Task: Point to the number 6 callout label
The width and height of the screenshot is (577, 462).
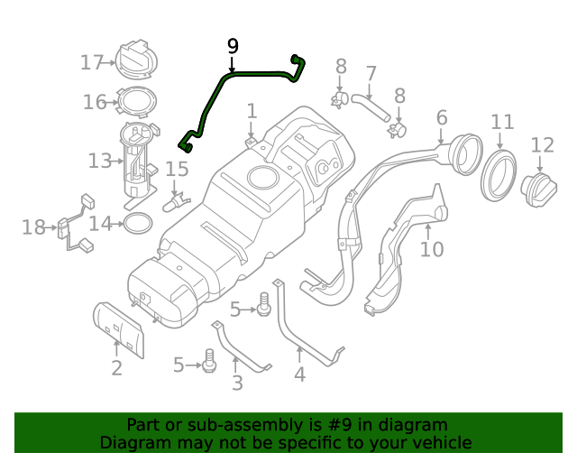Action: (441, 117)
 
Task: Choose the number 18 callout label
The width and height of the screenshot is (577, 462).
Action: (33, 227)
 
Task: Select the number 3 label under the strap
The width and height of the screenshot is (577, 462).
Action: (237, 383)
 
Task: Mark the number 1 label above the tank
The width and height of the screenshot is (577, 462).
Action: (252, 111)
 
